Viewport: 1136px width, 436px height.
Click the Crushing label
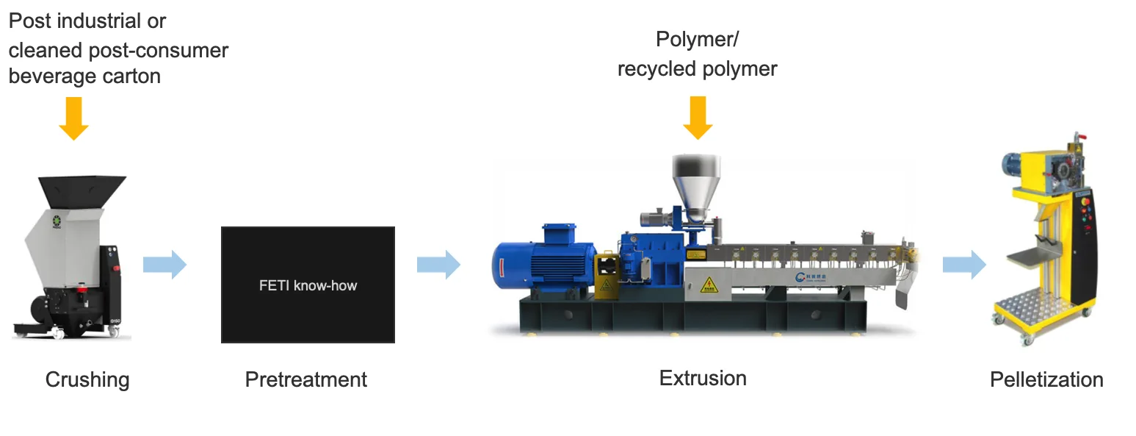87,380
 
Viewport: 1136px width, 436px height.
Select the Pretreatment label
306,380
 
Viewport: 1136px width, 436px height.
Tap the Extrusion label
703,379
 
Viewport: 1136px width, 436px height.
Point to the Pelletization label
1046,379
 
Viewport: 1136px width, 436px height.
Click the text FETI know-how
308,285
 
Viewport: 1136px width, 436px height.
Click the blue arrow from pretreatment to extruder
438,264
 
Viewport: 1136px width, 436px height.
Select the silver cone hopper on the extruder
694,184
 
